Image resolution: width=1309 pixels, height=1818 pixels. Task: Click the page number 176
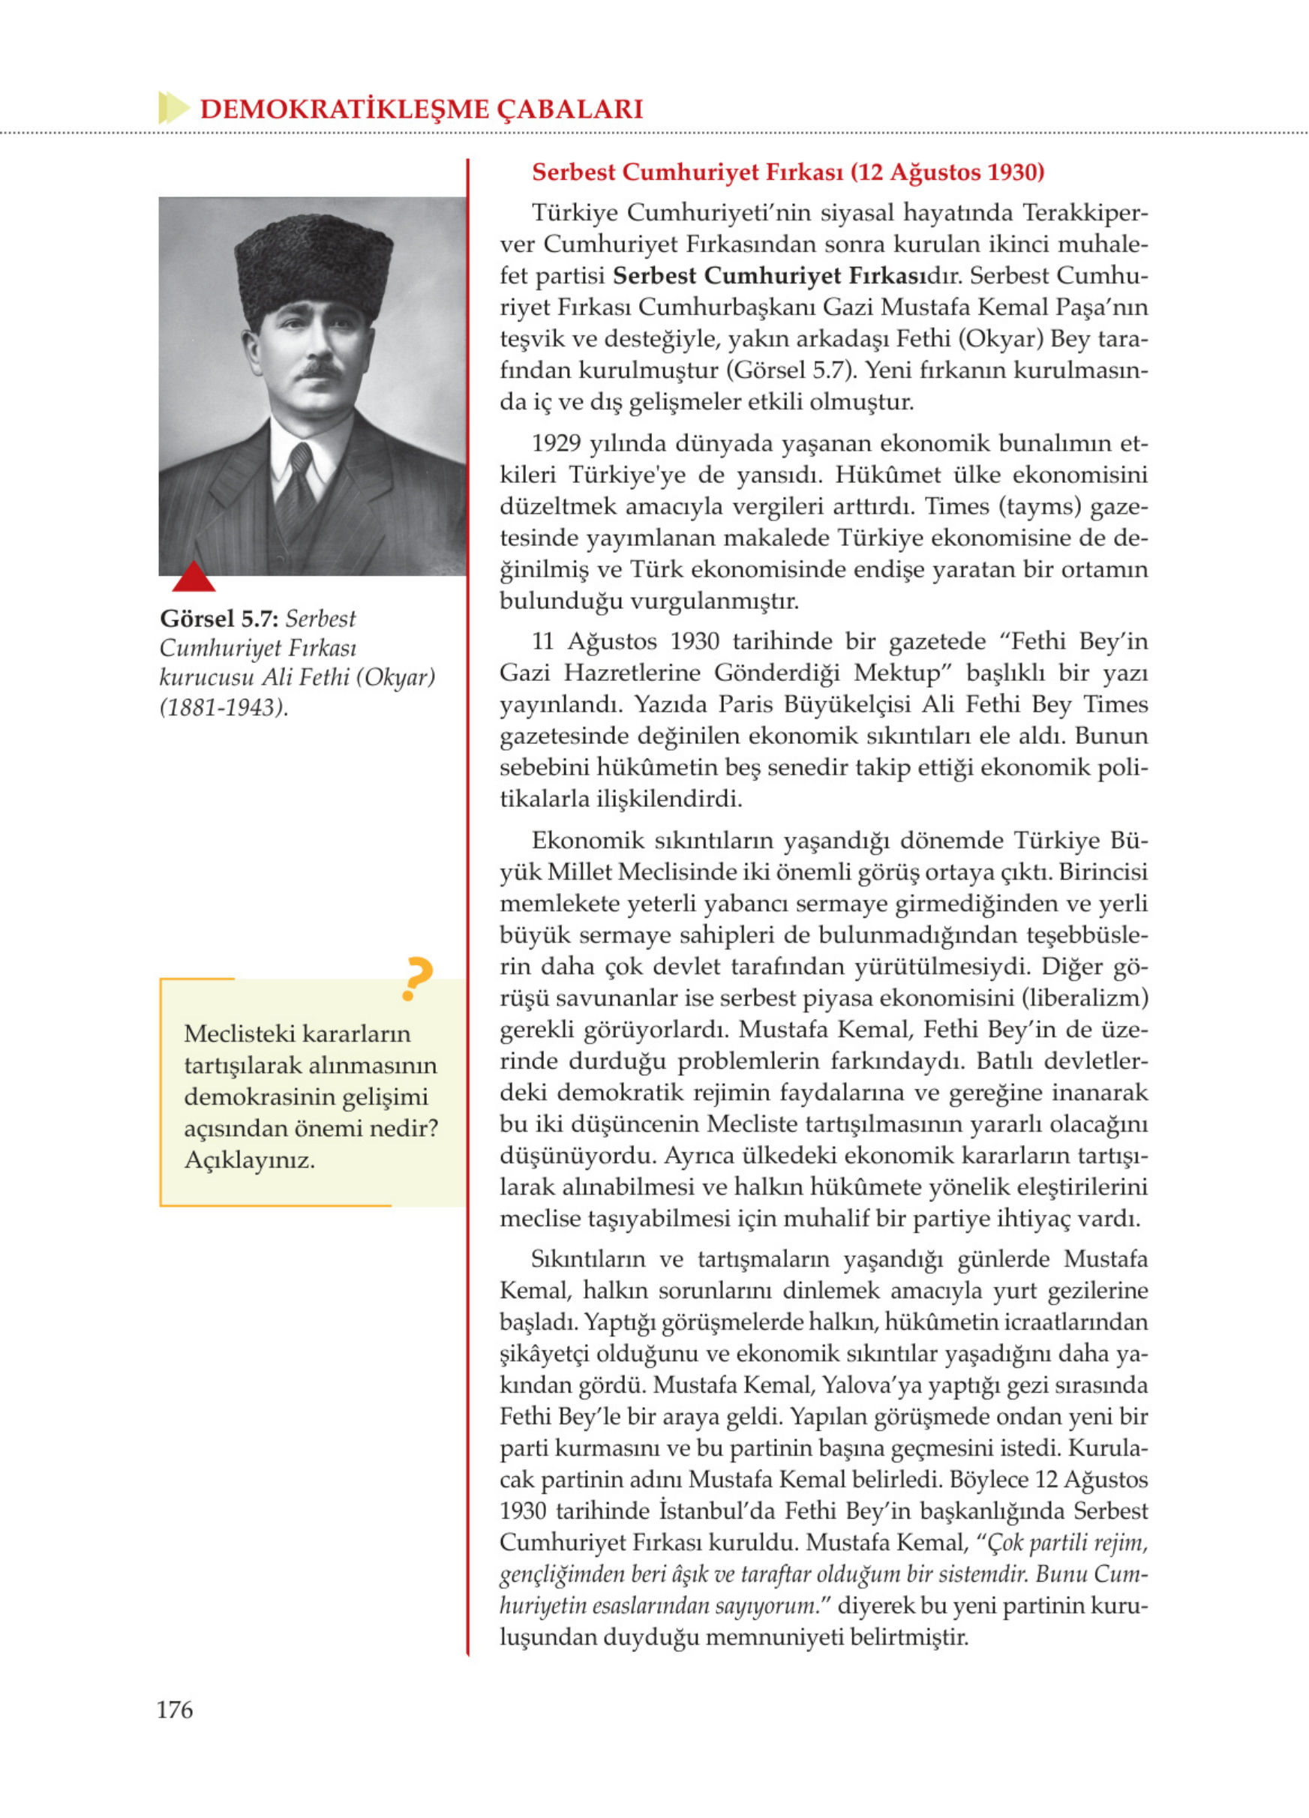click(175, 1709)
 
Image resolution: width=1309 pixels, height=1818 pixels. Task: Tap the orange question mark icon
click(417, 979)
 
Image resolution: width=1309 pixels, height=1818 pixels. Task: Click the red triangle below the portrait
click(194, 577)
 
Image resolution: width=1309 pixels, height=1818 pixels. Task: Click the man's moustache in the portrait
click(319, 370)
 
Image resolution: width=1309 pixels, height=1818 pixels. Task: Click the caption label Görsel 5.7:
click(219, 619)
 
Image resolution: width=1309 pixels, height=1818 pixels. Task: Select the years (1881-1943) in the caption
click(224, 707)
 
